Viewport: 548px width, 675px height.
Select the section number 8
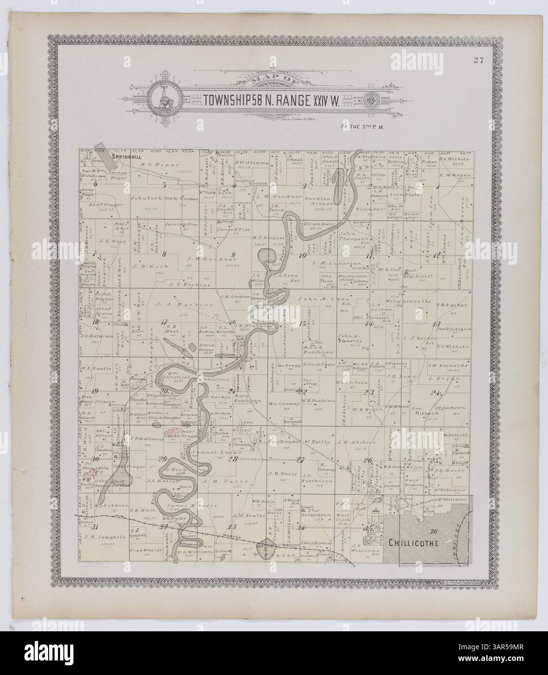coord(164,253)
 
